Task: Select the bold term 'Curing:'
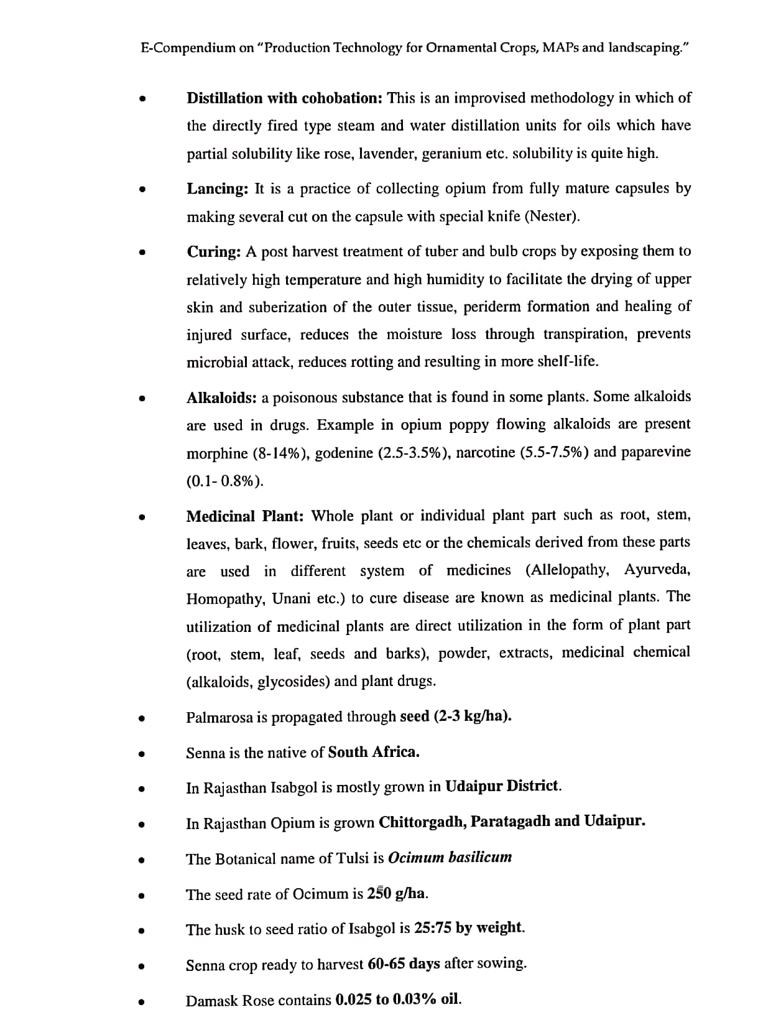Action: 214,252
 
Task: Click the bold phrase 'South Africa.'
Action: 374,753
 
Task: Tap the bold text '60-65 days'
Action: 404,964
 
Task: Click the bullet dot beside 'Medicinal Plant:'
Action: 142,517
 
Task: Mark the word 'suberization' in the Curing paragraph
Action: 288,307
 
